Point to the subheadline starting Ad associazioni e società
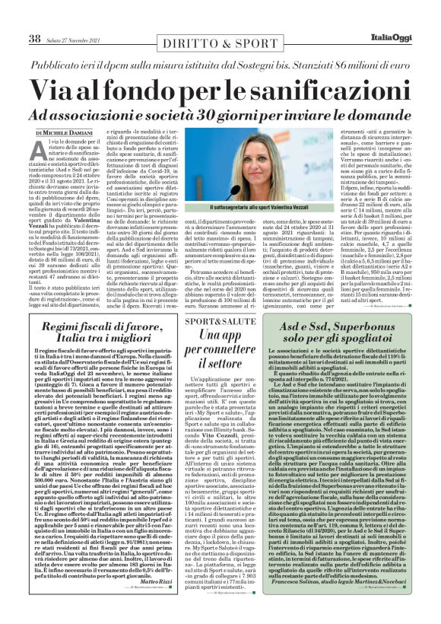click(x=220, y=113)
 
